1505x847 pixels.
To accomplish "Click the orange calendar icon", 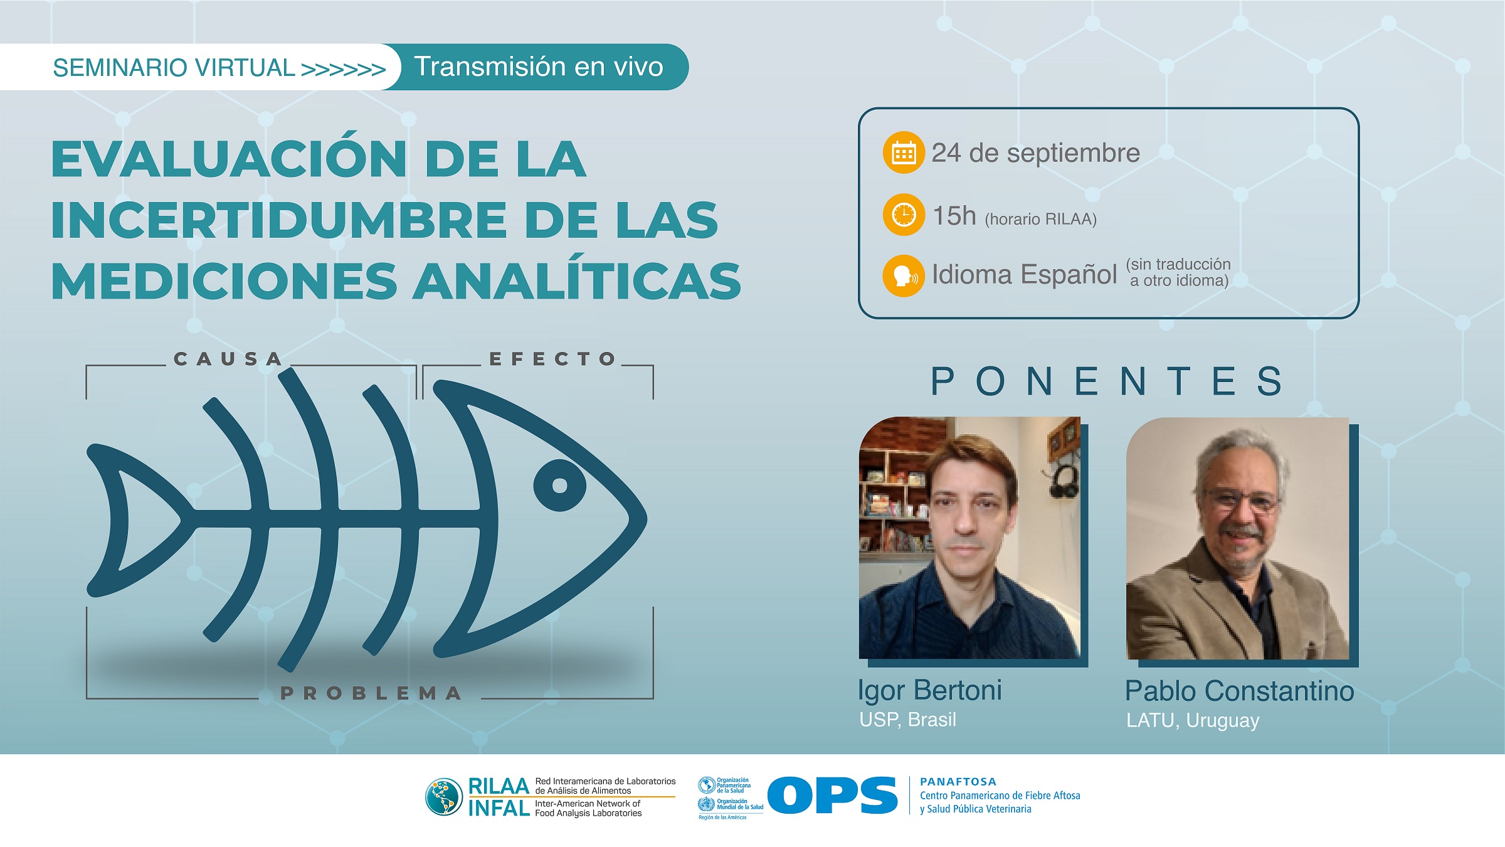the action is click(x=904, y=152).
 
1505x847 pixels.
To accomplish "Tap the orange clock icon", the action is click(x=904, y=215).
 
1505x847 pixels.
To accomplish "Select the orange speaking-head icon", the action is click(x=904, y=275).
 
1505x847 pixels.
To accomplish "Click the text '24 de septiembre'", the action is click(x=1035, y=153).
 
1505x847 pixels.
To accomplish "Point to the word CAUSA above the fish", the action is click(x=228, y=359).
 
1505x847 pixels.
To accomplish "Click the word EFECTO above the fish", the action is click(x=552, y=359).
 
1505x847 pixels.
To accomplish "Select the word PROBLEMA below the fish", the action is click(x=371, y=693).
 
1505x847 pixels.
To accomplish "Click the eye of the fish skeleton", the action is click(x=559, y=485).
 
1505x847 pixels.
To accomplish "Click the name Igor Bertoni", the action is click(x=929, y=690).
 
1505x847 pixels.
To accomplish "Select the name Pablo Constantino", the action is click(x=1239, y=691).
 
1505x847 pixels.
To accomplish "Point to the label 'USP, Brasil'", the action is click(x=907, y=720).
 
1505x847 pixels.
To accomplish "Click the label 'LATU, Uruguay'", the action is click(x=1193, y=720).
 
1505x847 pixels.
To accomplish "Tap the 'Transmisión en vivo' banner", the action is click(x=538, y=67).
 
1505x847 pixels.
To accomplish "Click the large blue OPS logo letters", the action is click(x=833, y=796).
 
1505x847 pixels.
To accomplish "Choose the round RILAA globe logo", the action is click(x=444, y=797).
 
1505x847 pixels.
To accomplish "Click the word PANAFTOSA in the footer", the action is click(x=958, y=782).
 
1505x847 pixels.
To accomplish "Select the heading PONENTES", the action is click(x=1107, y=381).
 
